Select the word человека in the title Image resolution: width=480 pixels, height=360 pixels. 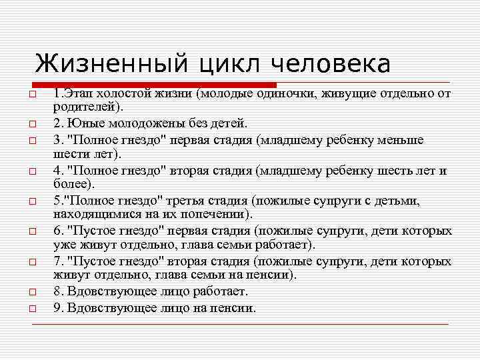(x=331, y=65)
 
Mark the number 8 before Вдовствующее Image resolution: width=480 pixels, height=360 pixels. (x=57, y=292)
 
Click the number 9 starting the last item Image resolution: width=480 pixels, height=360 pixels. (x=57, y=309)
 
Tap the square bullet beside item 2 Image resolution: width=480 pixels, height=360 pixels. (x=31, y=125)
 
